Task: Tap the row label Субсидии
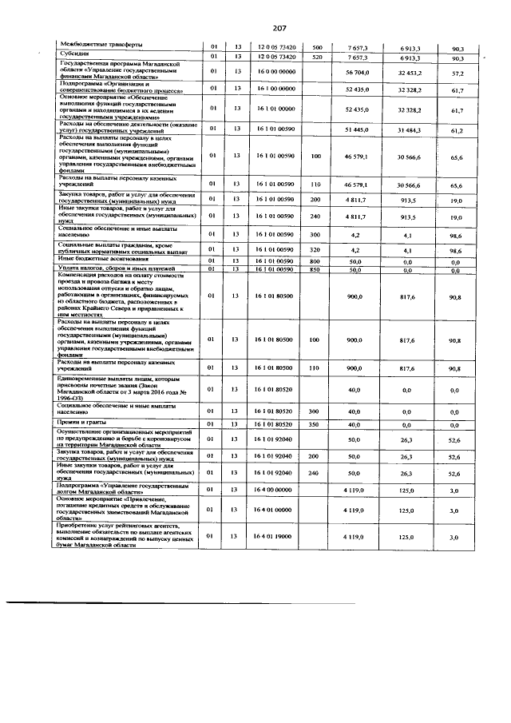[x=67, y=54]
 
